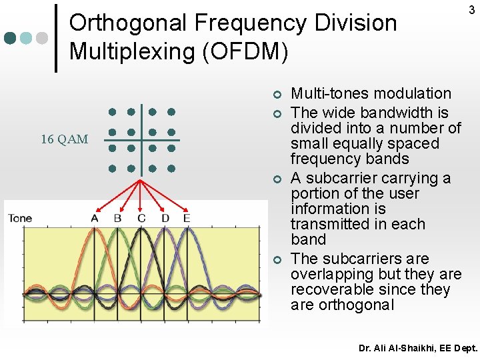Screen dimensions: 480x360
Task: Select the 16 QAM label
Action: coord(64,139)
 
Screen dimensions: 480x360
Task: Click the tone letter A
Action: coord(95,218)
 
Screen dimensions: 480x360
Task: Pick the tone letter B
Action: coord(118,218)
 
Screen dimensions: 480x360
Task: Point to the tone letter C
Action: coord(141,218)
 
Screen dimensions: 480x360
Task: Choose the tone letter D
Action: coord(165,218)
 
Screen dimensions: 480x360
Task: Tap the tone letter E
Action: coord(187,218)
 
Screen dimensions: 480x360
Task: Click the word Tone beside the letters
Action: coord(20,218)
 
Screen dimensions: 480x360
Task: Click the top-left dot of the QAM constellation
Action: coord(113,111)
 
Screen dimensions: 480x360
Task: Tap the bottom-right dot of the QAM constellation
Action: coord(171,168)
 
